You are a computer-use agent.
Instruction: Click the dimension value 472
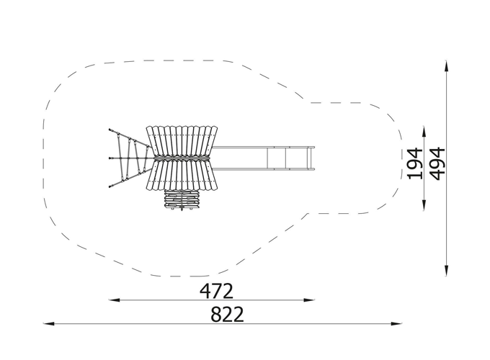pos(216,291)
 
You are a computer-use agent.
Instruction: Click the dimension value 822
pos(227,315)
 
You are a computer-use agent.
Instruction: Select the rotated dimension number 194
pos(415,163)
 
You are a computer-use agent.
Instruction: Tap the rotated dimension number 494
pos(437,163)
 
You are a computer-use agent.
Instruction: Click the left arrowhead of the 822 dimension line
pos(49,324)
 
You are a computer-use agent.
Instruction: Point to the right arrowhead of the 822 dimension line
pos(396,324)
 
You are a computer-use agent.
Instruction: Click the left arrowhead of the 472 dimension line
pos(115,300)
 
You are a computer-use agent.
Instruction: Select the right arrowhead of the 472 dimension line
pos(309,300)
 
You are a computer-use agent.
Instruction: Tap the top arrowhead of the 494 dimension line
pos(447,66)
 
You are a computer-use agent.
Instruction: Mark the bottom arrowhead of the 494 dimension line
pos(447,271)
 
